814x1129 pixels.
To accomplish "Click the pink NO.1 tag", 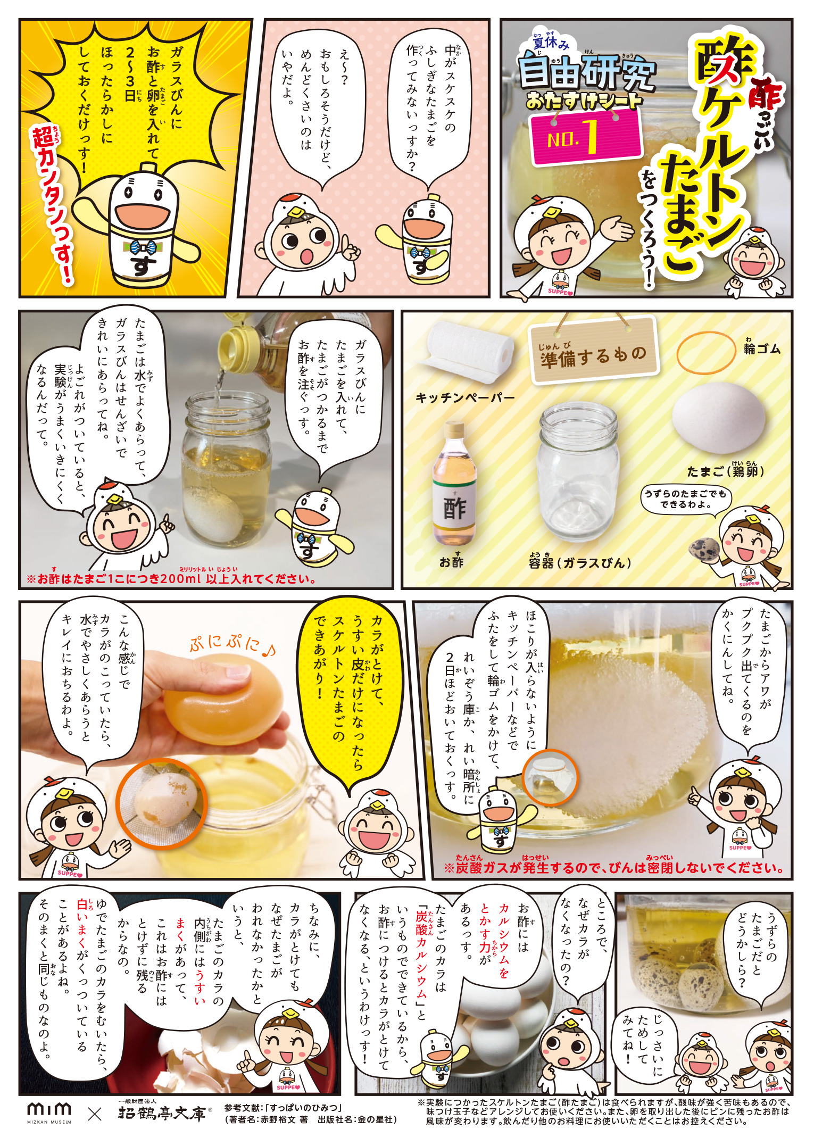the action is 586,137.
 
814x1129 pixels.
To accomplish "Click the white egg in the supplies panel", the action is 718,418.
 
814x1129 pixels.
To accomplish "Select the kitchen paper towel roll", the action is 466,351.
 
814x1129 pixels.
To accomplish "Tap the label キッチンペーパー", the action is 465,397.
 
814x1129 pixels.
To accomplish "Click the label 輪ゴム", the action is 762,348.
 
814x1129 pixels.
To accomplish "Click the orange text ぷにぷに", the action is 232,644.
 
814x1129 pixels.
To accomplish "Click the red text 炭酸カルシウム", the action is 421,955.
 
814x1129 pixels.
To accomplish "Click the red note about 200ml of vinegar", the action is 171,578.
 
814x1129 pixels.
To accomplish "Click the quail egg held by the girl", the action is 704,550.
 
